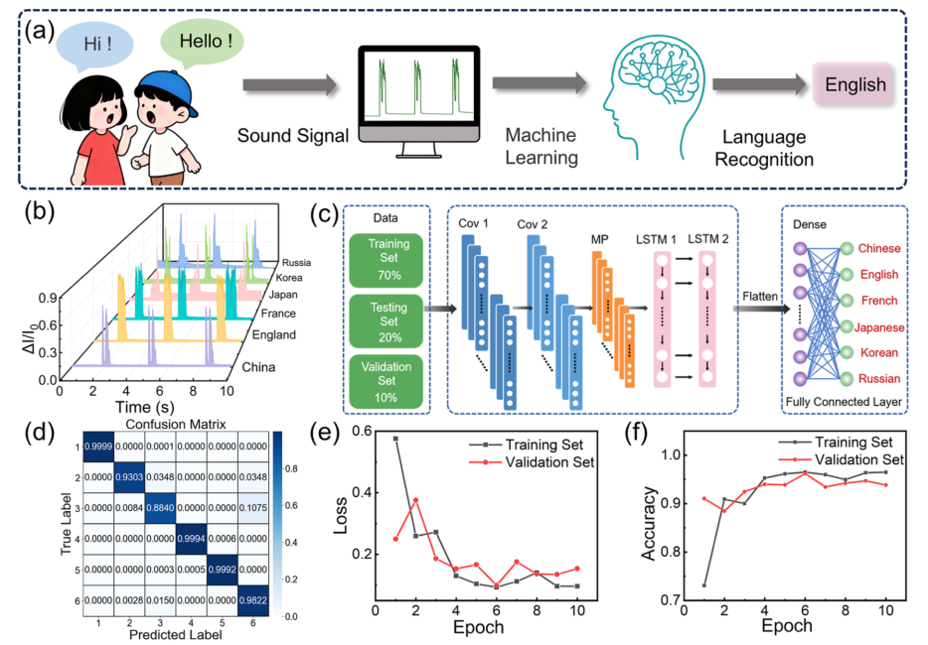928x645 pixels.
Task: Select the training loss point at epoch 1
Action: click(x=395, y=438)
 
